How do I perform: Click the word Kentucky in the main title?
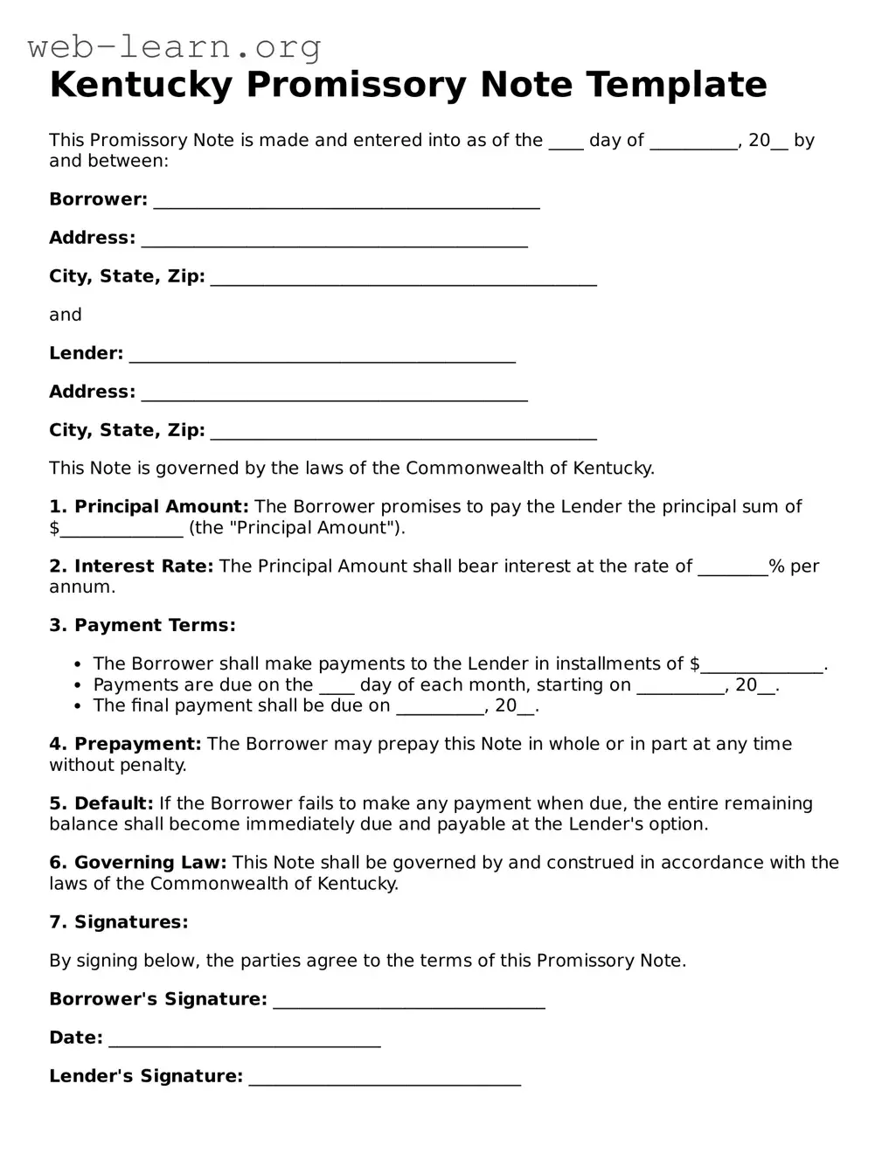(x=142, y=85)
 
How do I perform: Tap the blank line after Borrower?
(x=346, y=201)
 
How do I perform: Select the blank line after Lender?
(x=322, y=355)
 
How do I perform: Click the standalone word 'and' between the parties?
(x=66, y=315)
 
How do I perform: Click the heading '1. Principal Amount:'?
(x=149, y=507)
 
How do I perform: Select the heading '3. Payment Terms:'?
(x=142, y=626)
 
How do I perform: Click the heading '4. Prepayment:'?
(x=125, y=745)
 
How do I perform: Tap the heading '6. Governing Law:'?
(x=137, y=864)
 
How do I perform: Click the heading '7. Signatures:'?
(x=118, y=923)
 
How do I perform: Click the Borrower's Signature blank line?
(x=409, y=1001)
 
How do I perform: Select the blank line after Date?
(x=245, y=1039)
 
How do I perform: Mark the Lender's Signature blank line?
(x=385, y=1078)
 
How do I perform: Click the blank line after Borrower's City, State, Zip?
(x=404, y=278)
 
